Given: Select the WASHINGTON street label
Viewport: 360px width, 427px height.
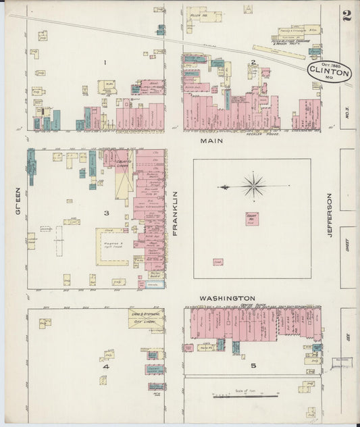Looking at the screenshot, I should point(227,298).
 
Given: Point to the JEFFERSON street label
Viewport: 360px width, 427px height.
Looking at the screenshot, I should point(330,216).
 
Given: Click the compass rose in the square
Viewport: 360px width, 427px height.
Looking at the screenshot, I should point(253,186).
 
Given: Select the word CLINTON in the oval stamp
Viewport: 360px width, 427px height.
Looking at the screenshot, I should point(330,71).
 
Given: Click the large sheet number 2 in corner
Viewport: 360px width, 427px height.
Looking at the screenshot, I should point(346,16).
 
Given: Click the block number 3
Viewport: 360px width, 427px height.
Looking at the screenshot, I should point(106,213).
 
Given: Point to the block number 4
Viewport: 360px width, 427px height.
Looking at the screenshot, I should point(106,367).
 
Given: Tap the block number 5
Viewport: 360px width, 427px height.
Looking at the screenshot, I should point(253,366).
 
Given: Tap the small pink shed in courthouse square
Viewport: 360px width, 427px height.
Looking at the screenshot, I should point(217,261).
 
